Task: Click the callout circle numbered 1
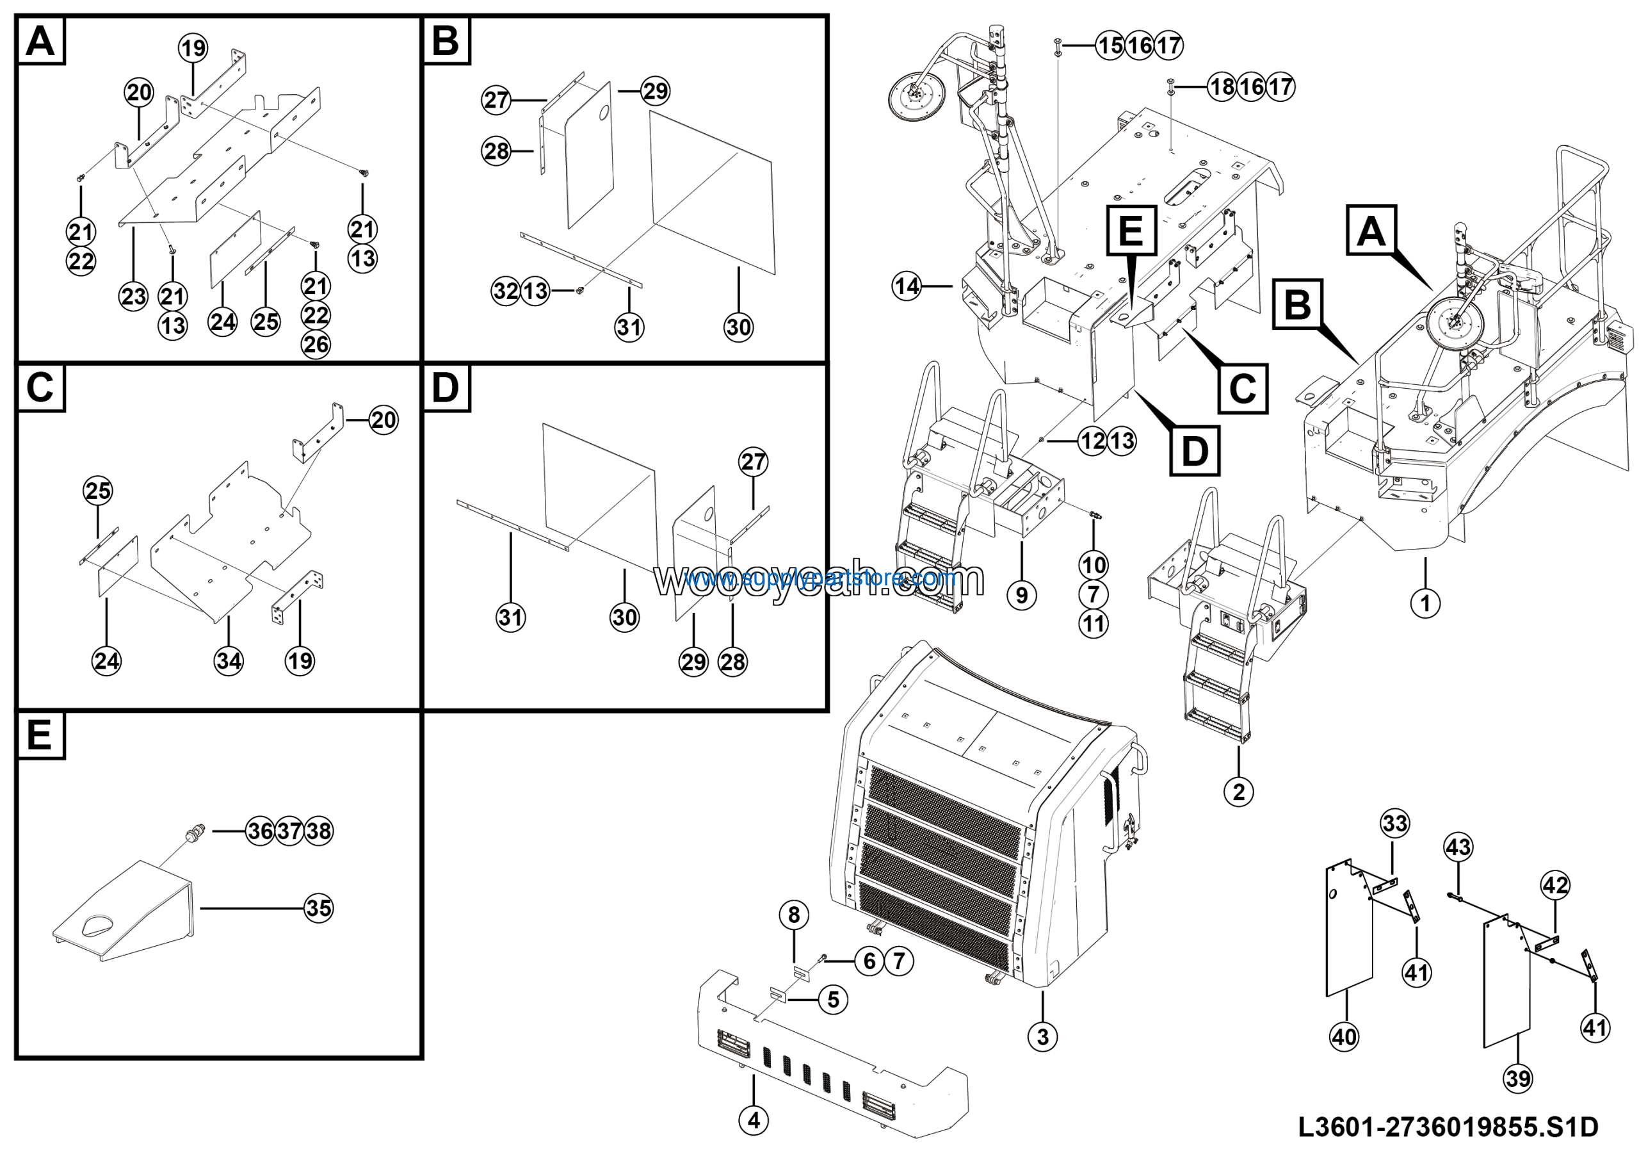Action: pyautogui.click(x=1425, y=603)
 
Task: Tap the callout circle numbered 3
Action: pyautogui.click(x=1042, y=1036)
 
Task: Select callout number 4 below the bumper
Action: pyautogui.click(x=753, y=1121)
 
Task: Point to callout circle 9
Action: pyautogui.click(x=1022, y=595)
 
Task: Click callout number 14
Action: pyautogui.click(x=907, y=286)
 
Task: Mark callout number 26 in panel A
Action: pyautogui.click(x=316, y=345)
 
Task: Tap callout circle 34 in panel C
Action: pyautogui.click(x=229, y=661)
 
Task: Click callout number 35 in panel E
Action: pyautogui.click(x=318, y=908)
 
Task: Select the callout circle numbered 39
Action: pyautogui.click(x=1517, y=1078)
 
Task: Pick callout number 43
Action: pyautogui.click(x=1458, y=847)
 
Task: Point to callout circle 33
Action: pyautogui.click(x=1395, y=823)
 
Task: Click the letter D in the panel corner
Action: pyautogui.click(x=446, y=387)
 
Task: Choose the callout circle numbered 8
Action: pyautogui.click(x=794, y=915)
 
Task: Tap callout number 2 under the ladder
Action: pyautogui.click(x=1238, y=791)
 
